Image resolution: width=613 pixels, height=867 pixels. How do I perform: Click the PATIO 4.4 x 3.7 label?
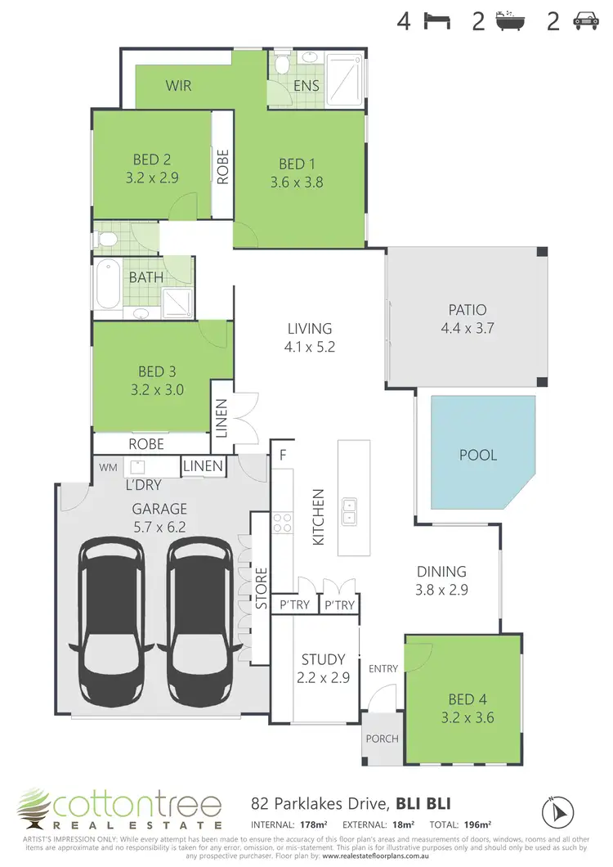[467, 318]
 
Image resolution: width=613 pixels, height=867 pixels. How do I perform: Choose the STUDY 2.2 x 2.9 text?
[317, 667]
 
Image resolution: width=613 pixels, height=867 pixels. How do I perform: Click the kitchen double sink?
[349, 511]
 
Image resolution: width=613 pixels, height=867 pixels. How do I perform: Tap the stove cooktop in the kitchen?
[282, 523]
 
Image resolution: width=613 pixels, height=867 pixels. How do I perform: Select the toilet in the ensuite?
[280, 65]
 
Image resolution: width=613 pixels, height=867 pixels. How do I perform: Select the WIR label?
[179, 85]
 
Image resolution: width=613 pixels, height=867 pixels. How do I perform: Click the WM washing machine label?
[107, 467]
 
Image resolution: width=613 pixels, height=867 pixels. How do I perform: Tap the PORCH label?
[382, 739]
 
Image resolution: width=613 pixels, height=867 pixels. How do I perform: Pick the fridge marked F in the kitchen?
[283, 454]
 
